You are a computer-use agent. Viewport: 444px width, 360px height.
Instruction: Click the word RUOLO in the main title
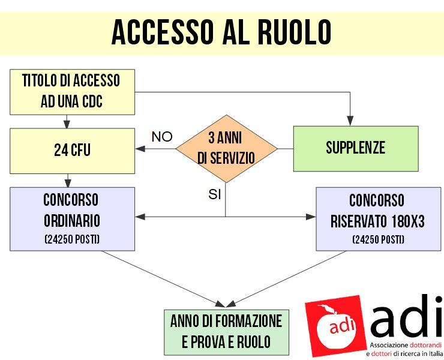point(294,32)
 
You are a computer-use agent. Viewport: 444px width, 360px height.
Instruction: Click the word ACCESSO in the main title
point(163,32)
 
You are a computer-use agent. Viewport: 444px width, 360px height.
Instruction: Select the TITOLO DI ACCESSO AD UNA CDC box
point(72,92)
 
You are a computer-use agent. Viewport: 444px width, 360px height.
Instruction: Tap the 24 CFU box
point(72,151)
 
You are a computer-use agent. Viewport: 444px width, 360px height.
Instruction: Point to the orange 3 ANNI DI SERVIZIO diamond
point(226,149)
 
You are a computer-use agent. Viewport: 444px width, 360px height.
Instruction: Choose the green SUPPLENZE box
point(356,149)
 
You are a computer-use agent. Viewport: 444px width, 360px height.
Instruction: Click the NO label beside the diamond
point(162,137)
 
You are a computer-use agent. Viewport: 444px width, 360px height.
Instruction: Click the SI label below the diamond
point(214,194)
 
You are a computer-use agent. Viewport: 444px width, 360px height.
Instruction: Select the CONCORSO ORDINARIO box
point(72,219)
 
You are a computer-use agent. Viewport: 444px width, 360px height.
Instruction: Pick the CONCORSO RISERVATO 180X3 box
point(379,219)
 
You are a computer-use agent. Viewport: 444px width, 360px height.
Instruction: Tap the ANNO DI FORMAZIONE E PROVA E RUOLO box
point(227,332)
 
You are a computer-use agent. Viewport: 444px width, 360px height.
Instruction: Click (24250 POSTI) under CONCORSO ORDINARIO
point(72,239)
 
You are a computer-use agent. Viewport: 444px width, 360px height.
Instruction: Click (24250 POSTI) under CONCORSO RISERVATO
point(379,239)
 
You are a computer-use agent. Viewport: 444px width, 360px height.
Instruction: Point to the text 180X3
point(408,221)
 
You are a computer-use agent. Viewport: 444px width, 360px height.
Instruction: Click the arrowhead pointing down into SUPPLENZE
point(350,121)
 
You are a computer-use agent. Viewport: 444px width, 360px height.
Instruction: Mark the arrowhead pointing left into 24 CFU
point(140,148)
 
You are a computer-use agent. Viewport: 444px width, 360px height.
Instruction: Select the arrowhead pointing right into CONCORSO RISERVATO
point(311,217)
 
